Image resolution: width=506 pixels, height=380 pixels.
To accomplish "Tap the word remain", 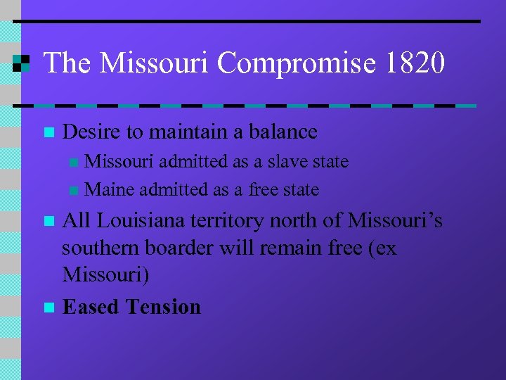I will click(292, 249).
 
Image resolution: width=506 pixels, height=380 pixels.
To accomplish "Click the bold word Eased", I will click(91, 307).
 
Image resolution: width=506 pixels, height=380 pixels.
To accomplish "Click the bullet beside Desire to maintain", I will click(48, 132).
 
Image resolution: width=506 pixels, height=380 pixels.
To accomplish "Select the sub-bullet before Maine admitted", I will click(74, 191).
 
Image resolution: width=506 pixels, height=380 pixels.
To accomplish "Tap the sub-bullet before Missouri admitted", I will click(74, 163).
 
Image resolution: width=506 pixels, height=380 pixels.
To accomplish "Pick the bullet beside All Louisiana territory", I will click(48, 222).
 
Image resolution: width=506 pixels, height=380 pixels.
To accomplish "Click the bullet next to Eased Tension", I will click(48, 308).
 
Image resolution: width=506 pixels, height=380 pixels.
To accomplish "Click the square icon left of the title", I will click(22, 63).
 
